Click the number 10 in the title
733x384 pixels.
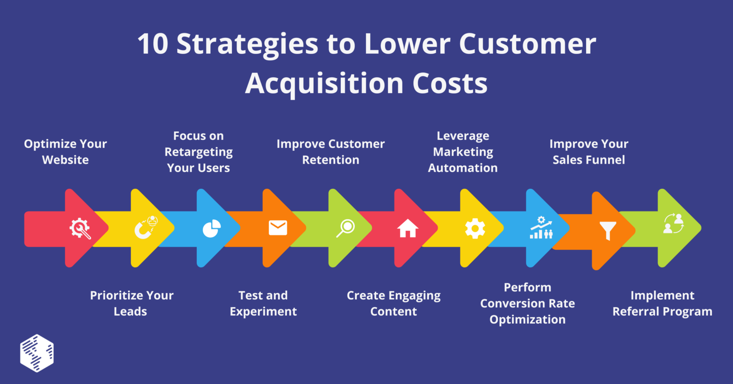click(153, 44)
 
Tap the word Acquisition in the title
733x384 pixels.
click(323, 84)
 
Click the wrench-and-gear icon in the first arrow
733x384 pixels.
click(80, 228)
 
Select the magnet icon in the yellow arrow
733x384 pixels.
click(145, 227)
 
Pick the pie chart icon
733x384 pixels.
click(211, 228)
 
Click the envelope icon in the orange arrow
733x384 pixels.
click(278, 228)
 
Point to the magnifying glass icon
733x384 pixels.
click(345, 228)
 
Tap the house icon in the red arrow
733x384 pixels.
click(407, 228)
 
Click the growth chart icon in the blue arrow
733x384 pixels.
click(541, 227)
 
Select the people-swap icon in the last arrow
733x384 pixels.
click(674, 224)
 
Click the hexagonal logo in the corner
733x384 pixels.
click(37, 353)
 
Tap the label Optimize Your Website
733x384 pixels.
click(65, 152)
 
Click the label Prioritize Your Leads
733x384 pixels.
click(131, 303)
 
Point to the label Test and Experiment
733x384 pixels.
click(263, 303)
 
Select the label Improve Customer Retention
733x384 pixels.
click(331, 152)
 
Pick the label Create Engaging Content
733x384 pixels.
click(394, 303)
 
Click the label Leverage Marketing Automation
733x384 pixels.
click(463, 152)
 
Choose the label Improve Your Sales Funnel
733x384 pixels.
click(589, 152)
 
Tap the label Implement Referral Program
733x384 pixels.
click(662, 303)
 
